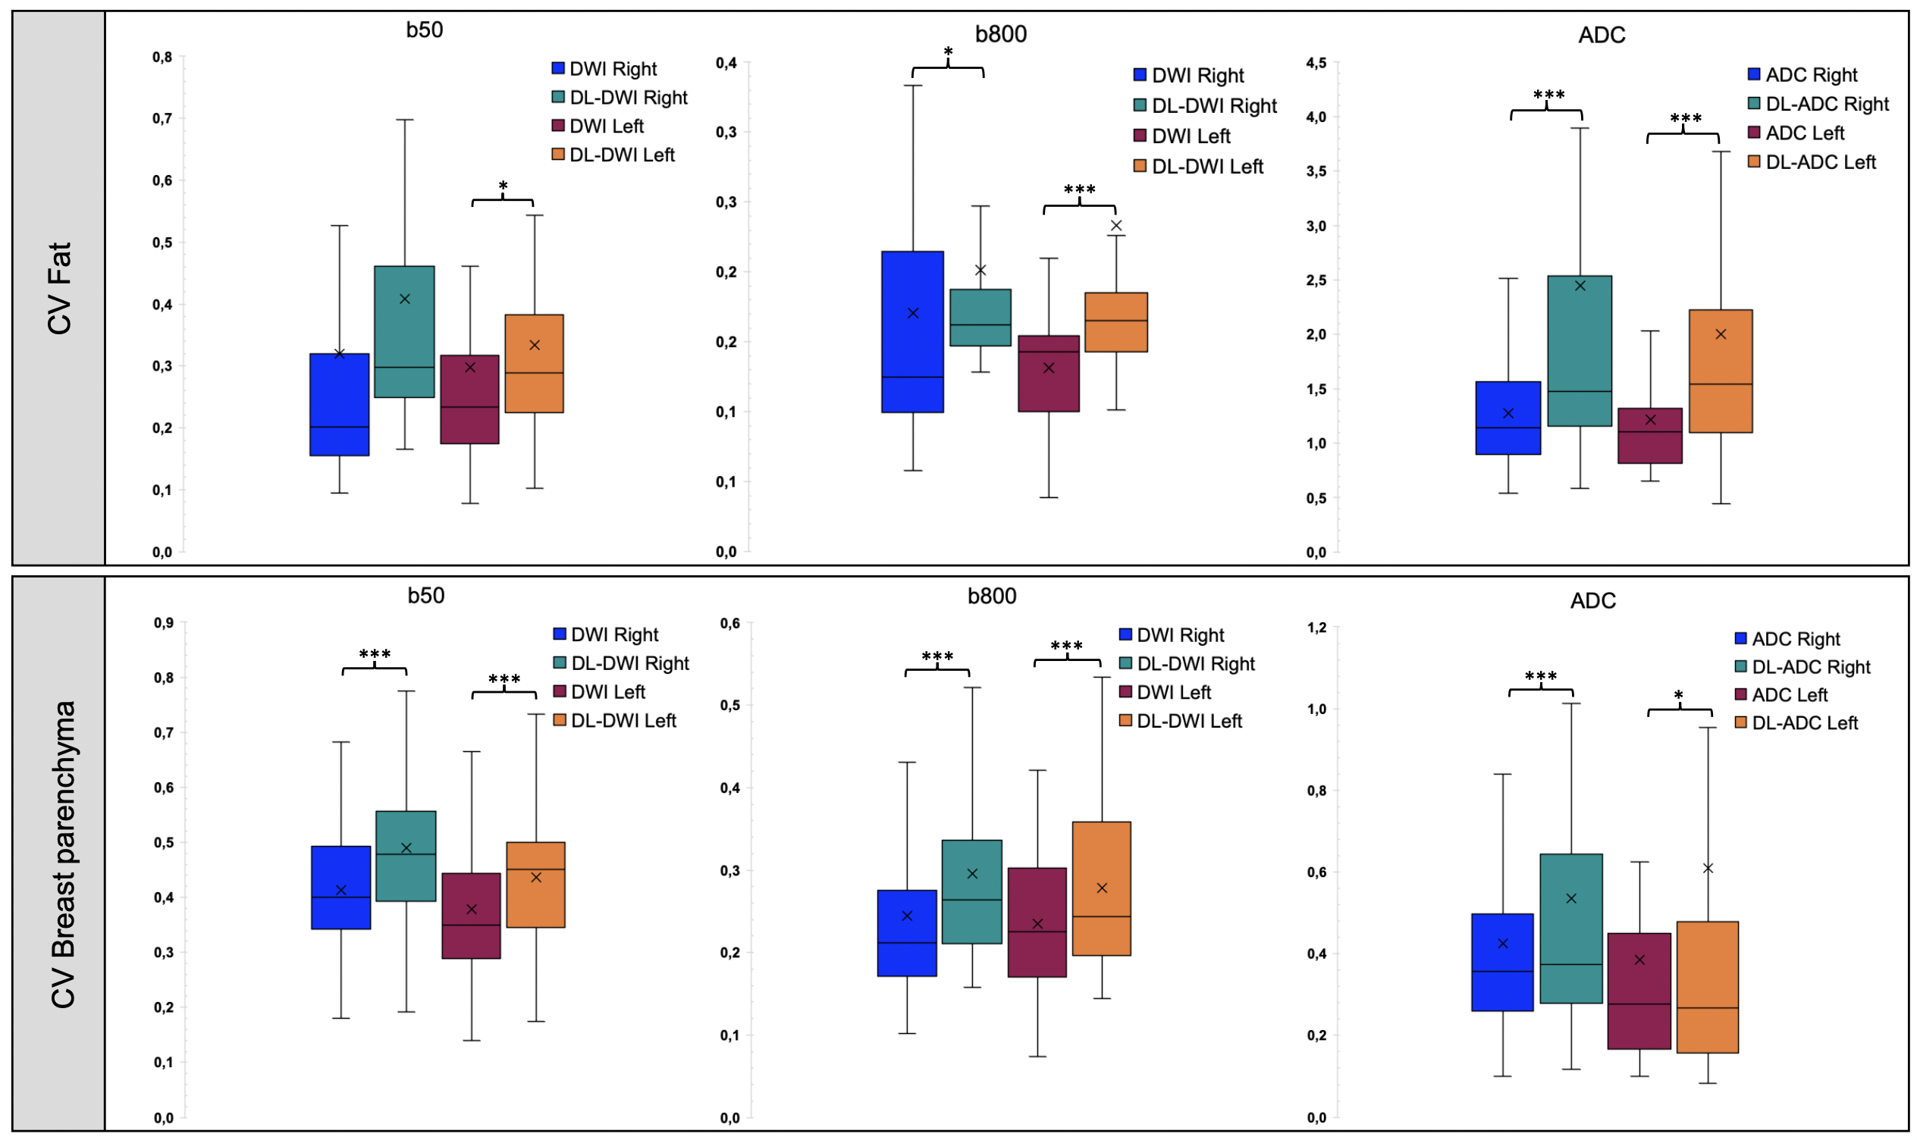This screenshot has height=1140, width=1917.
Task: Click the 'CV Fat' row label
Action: pyautogui.click(x=59, y=288)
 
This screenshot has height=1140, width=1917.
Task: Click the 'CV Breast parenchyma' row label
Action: pyautogui.click(x=63, y=854)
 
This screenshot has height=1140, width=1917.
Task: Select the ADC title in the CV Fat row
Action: pyautogui.click(x=1602, y=36)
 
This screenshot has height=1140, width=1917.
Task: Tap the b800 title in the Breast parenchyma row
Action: pyautogui.click(x=991, y=596)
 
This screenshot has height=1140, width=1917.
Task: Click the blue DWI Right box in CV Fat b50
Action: pyautogui.click(x=339, y=405)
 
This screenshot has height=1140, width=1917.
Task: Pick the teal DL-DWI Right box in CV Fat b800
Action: pyautogui.click(x=980, y=318)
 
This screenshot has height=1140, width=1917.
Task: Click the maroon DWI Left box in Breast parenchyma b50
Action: pyautogui.click(x=471, y=916)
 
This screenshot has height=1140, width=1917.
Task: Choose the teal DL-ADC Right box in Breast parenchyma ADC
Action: pyautogui.click(x=1570, y=928)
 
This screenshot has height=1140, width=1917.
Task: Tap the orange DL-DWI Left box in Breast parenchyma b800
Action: pyautogui.click(x=1101, y=889)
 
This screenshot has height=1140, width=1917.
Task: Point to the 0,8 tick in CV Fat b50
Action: pyautogui.click(x=162, y=57)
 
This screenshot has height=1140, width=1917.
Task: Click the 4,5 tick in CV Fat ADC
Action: pyautogui.click(x=1316, y=63)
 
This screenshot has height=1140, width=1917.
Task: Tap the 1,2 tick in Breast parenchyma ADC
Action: pyautogui.click(x=1316, y=628)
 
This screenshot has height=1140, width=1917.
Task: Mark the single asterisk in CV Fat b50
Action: pyautogui.click(x=503, y=186)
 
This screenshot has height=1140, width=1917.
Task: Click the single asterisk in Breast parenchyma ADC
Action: pyautogui.click(x=1678, y=696)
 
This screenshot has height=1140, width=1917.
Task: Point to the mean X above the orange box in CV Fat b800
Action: pyautogui.click(x=1115, y=226)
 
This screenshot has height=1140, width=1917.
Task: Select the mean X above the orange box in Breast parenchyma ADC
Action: pyautogui.click(x=1707, y=868)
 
